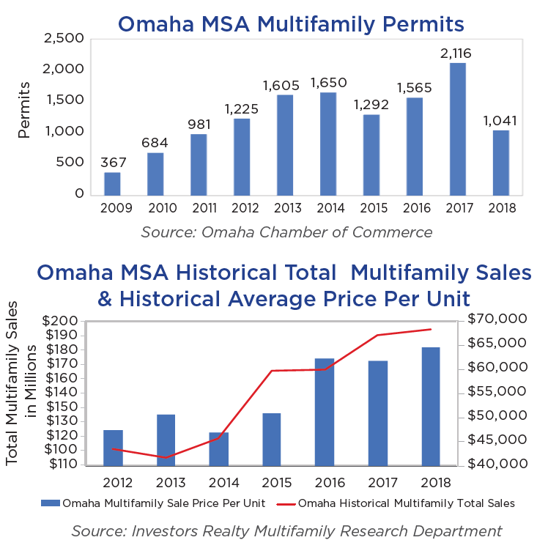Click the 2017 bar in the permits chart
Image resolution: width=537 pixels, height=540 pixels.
(458, 130)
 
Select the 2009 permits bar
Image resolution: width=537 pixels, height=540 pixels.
(112, 184)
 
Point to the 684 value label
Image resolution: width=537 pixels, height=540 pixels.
(155, 141)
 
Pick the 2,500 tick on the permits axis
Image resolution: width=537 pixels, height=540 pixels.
(64, 38)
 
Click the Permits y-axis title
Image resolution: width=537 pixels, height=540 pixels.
(25, 111)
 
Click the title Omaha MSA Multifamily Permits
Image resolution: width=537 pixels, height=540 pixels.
(291, 24)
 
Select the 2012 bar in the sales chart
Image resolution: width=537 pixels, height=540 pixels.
(114, 447)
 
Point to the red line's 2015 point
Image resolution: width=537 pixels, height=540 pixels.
(272, 371)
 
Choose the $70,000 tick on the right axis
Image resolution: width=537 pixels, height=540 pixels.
(495, 319)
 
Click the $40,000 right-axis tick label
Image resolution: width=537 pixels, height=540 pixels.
(495, 464)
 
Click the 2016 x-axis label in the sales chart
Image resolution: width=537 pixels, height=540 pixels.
(325, 483)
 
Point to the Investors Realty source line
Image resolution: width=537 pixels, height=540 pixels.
(286, 530)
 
